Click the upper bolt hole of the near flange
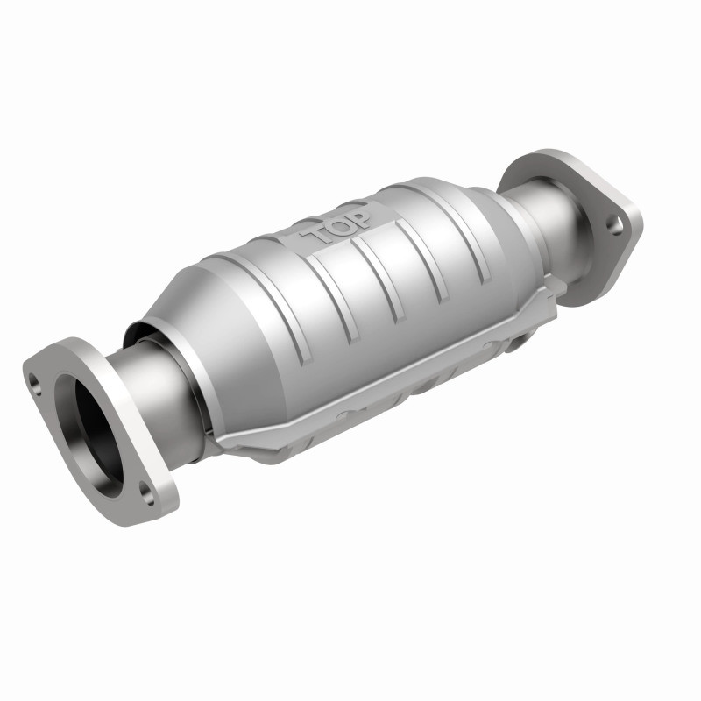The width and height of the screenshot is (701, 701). (35, 382)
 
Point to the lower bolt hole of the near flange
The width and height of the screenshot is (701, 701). (146, 499)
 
